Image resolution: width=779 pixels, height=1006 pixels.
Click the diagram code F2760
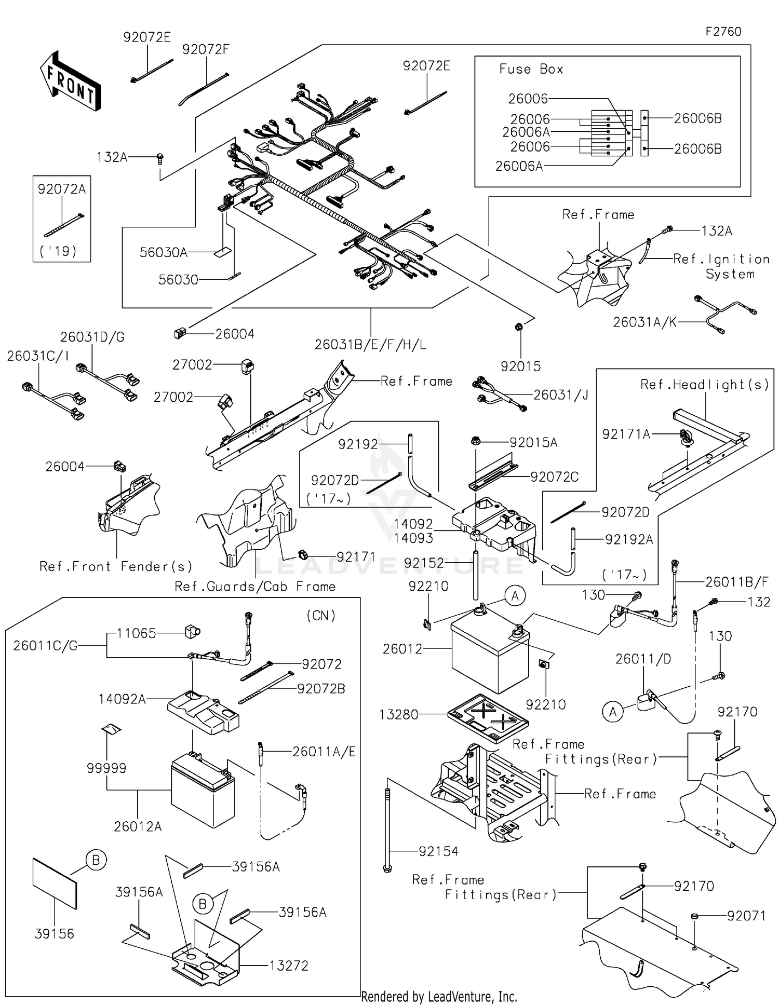pyautogui.click(x=723, y=32)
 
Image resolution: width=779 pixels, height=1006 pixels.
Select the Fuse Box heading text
pyautogui.click(x=531, y=69)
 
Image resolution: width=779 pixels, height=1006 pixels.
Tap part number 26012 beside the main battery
pyautogui.click(x=402, y=649)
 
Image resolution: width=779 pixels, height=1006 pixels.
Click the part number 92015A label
pyautogui.click(x=533, y=442)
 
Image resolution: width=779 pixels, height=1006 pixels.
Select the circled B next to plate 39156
pyautogui.click(x=96, y=860)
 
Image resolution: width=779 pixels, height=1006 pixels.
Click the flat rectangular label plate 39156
pyautogui.click(x=55, y=883)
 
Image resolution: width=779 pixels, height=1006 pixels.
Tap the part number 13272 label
pyautogui.click(x=289, y=966)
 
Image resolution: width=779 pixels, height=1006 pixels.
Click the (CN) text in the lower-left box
pyautogui.click(x=321, y=616)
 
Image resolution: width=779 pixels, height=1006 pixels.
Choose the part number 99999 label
pyautogui.click(x=106, y=768)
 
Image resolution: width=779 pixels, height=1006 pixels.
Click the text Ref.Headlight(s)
pyautogui.click(x=704, y=384)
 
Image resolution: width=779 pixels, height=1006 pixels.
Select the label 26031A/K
pyautogui.click(x=645, y=322)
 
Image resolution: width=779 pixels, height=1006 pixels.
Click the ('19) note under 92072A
pyautogui.click(x=58, y=251)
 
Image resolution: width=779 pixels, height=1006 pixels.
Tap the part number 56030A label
pyautogui.click(x=164, y=252)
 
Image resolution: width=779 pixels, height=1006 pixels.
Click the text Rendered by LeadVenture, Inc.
pyautogui.click(x=439, y=997)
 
